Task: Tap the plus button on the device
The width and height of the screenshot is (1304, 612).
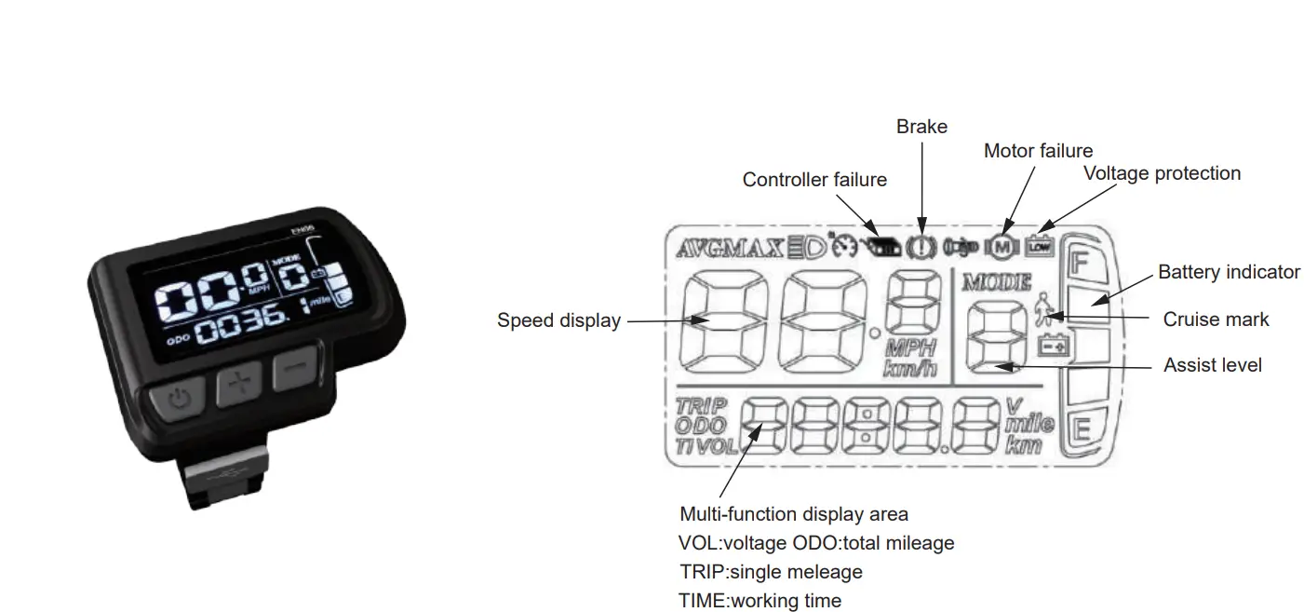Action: [239, 386]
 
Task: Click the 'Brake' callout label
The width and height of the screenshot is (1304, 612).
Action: [921, 127]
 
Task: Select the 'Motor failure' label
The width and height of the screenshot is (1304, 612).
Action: [1038, 151]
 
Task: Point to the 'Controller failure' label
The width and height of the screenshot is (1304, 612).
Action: [814, 180]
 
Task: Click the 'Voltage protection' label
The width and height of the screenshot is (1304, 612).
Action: [1162, 173]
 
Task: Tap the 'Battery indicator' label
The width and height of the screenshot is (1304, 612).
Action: [1229, 272]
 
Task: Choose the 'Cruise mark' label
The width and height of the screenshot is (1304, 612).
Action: [1216, 320]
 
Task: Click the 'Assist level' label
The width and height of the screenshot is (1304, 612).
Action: [1212, 365]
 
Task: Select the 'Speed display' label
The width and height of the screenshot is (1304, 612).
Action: [558, 320]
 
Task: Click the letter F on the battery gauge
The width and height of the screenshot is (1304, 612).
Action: [1079, 262]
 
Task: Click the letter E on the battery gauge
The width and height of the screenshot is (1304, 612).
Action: [1081, 430]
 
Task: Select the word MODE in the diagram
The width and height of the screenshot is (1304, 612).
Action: [997, 281]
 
